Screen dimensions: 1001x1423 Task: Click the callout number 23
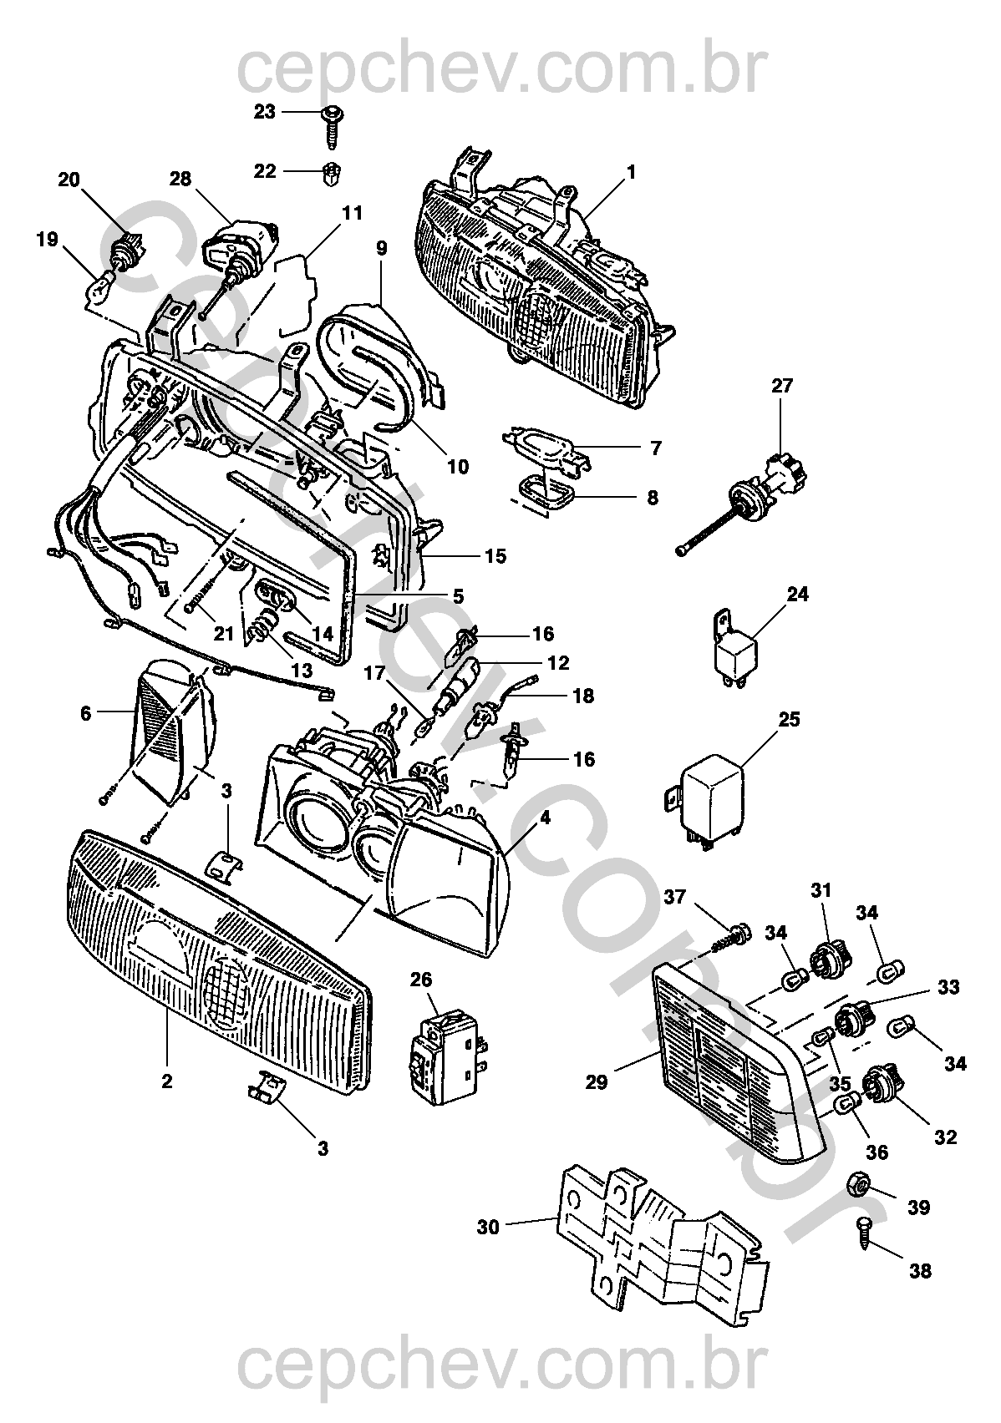point(264,112)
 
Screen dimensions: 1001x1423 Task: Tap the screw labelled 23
point(333,128)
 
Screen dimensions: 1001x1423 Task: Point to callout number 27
point(782,386)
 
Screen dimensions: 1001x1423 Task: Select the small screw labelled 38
point(864,1231)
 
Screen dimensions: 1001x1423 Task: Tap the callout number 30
point(488,1228)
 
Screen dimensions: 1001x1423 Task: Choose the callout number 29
point(597,1081)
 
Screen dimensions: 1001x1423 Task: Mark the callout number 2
point(166,1081)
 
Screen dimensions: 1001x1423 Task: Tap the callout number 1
point(631,173)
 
